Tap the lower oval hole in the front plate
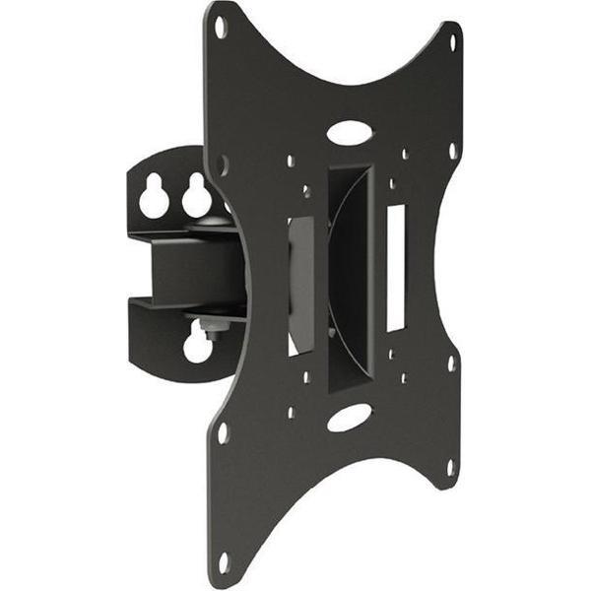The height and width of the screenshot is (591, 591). [349, 417]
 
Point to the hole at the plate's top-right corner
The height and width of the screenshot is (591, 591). [453, 41]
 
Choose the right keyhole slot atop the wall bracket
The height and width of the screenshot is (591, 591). [196, 198]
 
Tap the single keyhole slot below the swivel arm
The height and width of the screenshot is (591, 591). [198, 344]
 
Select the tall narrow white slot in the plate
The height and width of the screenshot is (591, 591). [396, 265]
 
